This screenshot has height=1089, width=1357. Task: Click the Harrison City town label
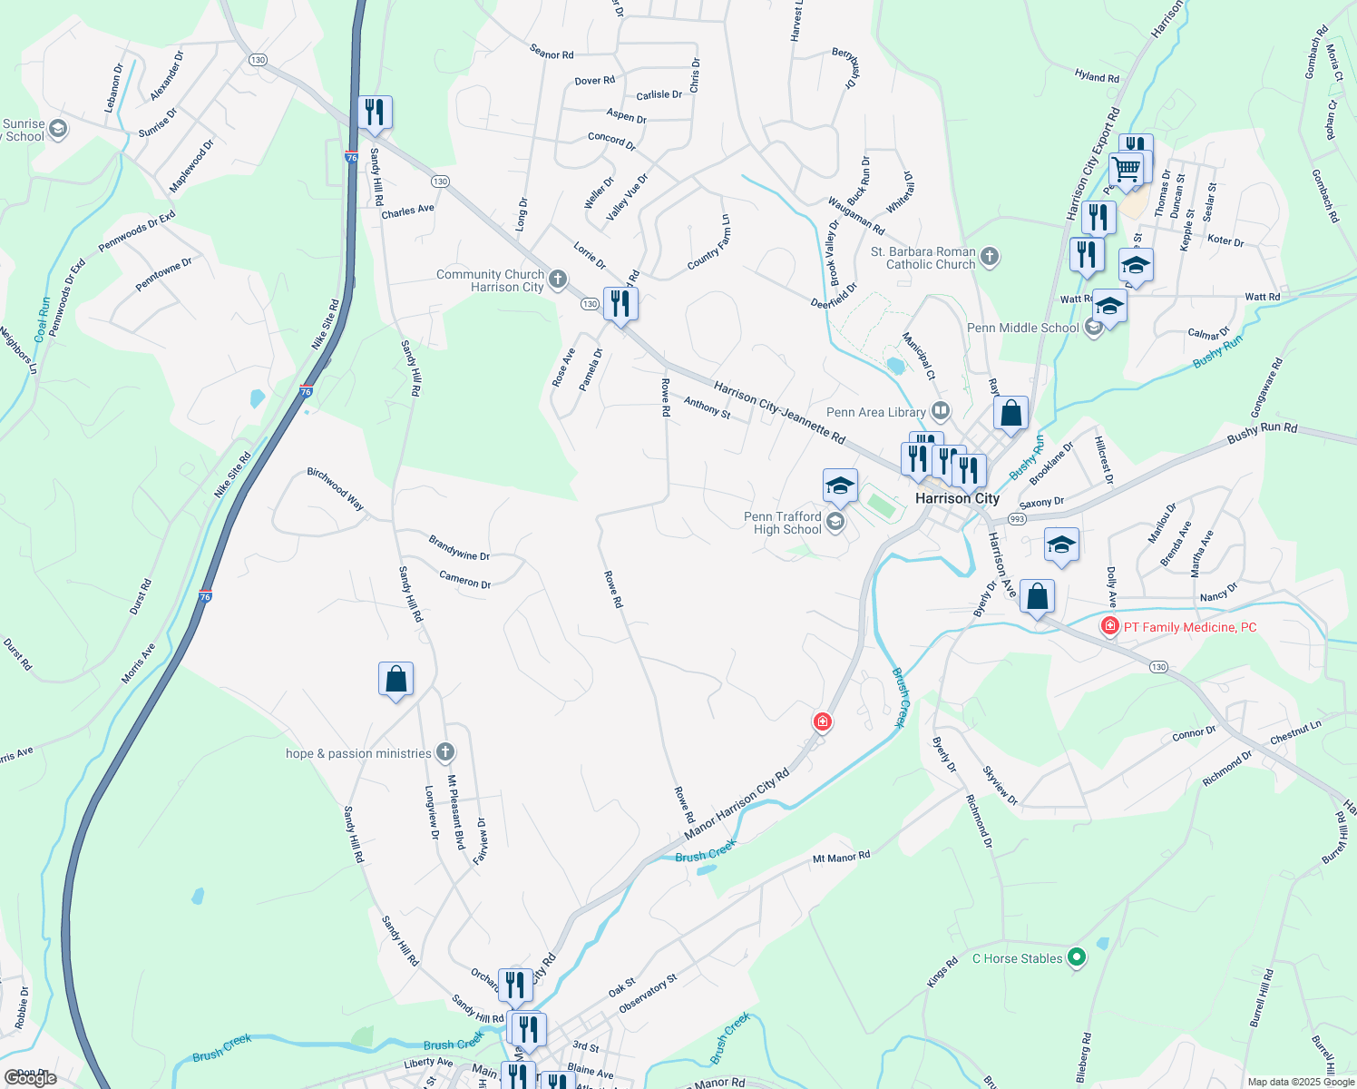pyautogui.click(x=957, y=498)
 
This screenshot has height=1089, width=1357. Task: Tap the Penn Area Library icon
pyautogui.click(x=941, y=412)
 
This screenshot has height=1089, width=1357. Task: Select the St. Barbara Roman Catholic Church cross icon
pyautogui.click(x=990, y=258)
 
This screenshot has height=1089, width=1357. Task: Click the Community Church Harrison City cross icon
pyautogui.click(x=558, y=280)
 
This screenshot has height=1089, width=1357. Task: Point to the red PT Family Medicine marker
pyautogui.click(x=1108, y=626)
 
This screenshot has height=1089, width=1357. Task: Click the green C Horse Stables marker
pyautogui.click(x=1077, y=957)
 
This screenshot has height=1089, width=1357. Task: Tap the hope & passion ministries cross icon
pyautogui.click(x=444, y=752)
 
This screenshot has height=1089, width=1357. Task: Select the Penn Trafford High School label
pyautogui.click(x=782, y=523)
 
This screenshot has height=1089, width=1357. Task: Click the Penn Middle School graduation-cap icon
pyautogui.click(x=1094, y=328)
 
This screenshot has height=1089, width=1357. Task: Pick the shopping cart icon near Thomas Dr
pyautogui.click(x=1126, y=169)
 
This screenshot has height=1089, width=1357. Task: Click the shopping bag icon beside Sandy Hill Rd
pyautogui.click(x=395, y=679)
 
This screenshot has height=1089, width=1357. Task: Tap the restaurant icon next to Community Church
pyautogui.click(x=620, y=304)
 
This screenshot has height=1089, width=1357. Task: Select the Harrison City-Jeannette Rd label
pyautogui.click(x=779, y=413)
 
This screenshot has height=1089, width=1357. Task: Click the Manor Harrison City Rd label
pyautogui.click(x=737, y=805)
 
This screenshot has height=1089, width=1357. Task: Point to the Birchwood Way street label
pyautogui.click(x=336, y=488)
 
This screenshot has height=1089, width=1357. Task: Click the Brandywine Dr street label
pyautogui.click(x=459, y=548)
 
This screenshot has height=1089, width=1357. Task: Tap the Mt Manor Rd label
pyautogui.click(x=841, y=857)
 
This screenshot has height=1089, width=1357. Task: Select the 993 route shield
pyautogui.click(x=1017, y=519)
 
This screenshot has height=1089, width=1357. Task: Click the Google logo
pyautogui.click(x=31, y=1077)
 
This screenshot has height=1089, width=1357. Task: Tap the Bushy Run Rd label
pyautogui.click(x=1262, y=433)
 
